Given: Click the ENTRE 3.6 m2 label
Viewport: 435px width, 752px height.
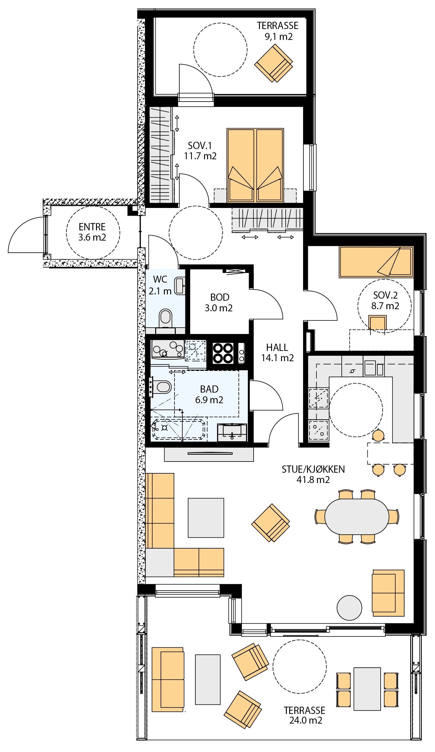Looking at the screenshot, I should [x=92, y=232].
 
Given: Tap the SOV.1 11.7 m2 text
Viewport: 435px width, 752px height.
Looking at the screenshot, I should [x=200, y=151].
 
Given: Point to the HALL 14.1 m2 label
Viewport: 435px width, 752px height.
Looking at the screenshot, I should [x=277, y=353].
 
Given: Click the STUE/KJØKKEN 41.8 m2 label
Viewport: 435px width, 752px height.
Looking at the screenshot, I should [x=313, y=474].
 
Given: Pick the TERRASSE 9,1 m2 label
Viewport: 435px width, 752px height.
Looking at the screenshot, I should [x=277, y=31].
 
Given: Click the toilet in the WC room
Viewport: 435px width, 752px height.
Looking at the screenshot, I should [x=165, y=318].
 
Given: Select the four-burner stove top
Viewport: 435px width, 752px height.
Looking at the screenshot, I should [x=223, y=353].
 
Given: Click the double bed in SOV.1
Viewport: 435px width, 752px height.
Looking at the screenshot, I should [x=255, y=165].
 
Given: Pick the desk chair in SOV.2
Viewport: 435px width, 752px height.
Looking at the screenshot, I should [x=378, y=323].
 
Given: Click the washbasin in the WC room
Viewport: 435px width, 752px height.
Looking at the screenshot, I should [x=180, y=286].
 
